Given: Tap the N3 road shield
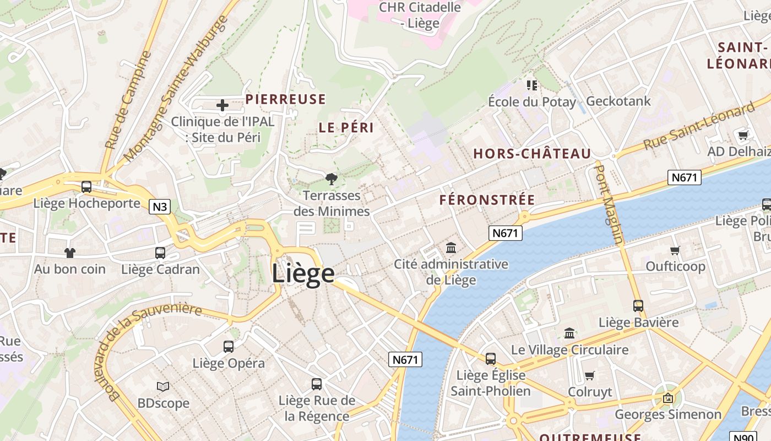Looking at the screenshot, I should click(x=160, y=207).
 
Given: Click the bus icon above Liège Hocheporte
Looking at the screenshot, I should click(x=86, y=187).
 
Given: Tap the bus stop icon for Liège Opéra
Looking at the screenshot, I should click(x=229, y=347).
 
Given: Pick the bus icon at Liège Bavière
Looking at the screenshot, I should click(x=638, y=305).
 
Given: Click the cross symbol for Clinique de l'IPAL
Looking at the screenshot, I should click(x=222, y=105).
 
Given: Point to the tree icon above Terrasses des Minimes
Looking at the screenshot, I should click(x=331, y=179).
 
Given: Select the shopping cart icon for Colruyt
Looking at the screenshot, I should click(x=590, y=375).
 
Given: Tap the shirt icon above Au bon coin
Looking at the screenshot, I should click(x=70, y=253).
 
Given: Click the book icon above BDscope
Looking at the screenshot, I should click(x=163, y=386).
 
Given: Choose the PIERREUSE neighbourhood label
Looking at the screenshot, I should click(x=285, y=99).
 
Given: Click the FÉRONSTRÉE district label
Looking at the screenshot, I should click(x=487, y=200).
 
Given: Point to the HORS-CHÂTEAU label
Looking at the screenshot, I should click(x=532, y=154).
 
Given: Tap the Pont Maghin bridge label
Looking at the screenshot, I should click(x=610, y=204).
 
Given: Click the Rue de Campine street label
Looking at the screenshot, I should click(x=128, y=100).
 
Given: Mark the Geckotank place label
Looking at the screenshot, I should click(x=618, y=101).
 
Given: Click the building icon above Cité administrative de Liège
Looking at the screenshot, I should click(x=451, y=248).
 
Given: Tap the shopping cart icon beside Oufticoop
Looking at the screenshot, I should click(x=675, y=250).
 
